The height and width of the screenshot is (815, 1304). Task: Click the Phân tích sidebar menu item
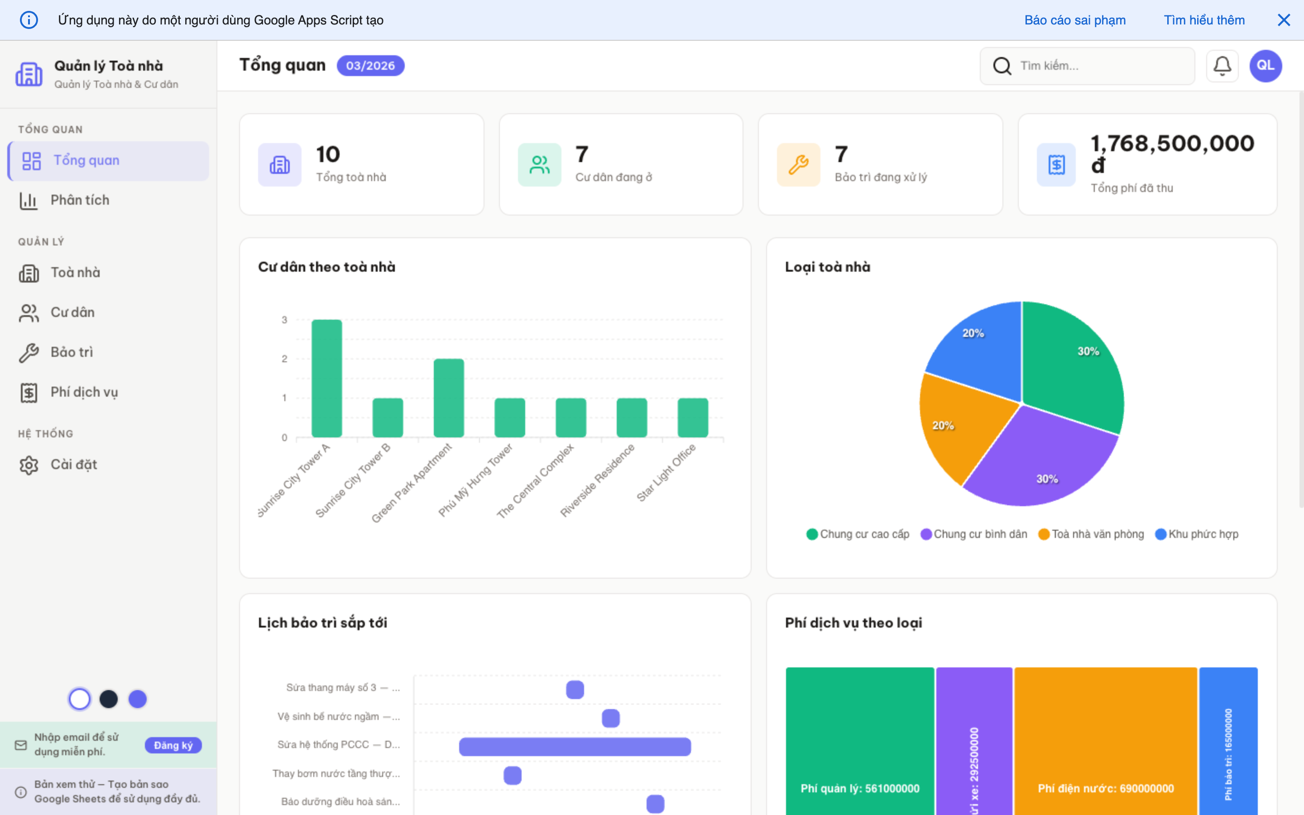[80, 201]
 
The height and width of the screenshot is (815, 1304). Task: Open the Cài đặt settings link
[73, 465]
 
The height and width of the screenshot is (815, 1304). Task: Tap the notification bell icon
[1222, 66]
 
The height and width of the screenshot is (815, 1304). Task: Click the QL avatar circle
[1265, 66]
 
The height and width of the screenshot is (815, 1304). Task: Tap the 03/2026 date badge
[370, 66]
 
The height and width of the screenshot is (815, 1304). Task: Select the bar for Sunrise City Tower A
[326, 379]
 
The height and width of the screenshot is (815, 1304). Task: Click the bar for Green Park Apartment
[448, 398]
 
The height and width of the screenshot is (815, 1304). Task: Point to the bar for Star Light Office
[692, 418]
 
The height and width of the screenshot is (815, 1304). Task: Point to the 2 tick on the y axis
[284, 359]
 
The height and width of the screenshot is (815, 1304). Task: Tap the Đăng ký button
[173, 745]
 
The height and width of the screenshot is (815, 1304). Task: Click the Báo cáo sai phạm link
[1074, 20]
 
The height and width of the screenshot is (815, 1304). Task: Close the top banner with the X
[1284, 20]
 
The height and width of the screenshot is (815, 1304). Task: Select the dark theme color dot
[109, 699]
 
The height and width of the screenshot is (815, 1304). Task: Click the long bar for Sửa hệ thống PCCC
[575, 747]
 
